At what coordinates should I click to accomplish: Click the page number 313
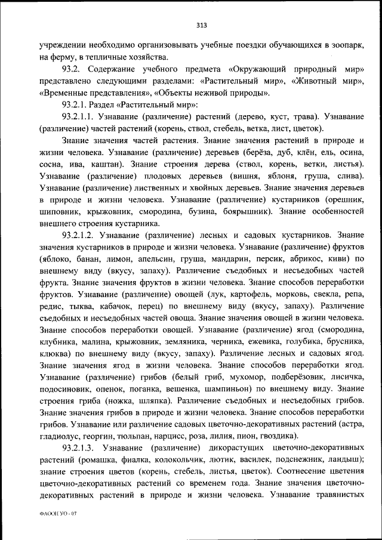pyautogui.click(x=201, y=25)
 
